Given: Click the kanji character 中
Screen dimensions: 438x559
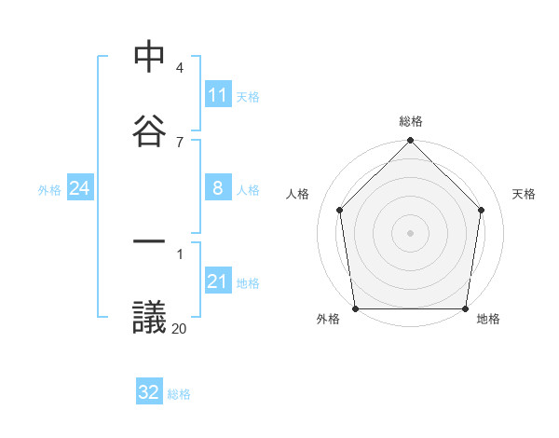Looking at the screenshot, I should click(150, 58).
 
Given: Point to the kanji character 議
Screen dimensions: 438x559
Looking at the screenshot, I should click(150, 317).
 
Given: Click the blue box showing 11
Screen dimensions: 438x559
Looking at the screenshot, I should click(218, 95).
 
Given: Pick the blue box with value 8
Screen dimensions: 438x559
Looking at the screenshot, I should click(218, 188).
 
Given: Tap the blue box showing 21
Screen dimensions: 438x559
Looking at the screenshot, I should click(218, 281).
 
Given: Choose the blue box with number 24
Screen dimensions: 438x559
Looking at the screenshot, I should click(80, 188).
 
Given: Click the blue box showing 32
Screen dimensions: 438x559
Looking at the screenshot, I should click(149, 392).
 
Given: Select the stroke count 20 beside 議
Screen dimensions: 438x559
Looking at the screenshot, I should click(179, 328).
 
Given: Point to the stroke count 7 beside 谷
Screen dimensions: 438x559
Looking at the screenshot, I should click(180, 142).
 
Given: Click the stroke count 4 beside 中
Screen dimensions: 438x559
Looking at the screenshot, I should click(180, 68).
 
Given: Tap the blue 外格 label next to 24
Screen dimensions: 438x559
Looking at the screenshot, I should click(49, 189).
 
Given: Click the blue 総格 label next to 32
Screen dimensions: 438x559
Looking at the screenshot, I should click(179, 393).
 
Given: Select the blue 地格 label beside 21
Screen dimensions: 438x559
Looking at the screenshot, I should click(248, 282).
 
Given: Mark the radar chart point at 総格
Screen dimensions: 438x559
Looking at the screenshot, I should click(410, 143).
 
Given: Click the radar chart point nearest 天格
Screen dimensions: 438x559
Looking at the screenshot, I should click(482, 210).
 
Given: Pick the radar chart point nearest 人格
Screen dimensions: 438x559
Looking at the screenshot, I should click(339, 210).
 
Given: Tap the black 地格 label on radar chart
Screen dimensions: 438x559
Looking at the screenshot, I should click(488, 319).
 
